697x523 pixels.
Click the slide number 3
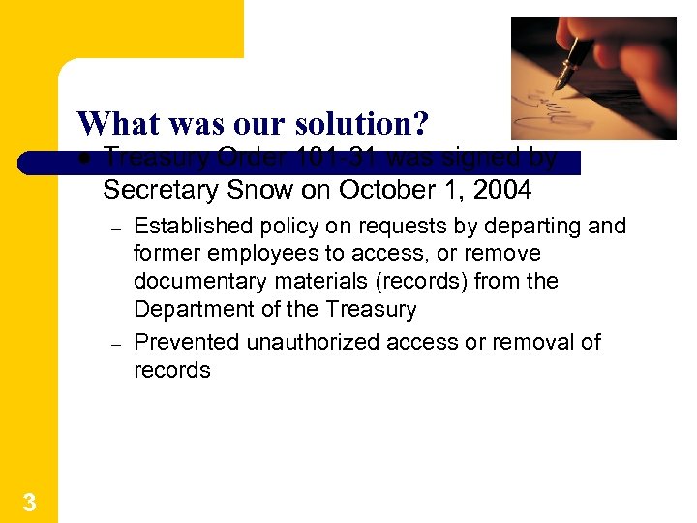pos(29,502)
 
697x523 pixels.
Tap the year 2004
pos(501,190)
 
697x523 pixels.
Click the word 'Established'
pos(193,227)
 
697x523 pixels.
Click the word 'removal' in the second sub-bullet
pos(532,342)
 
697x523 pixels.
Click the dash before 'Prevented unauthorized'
pos(113,344)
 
